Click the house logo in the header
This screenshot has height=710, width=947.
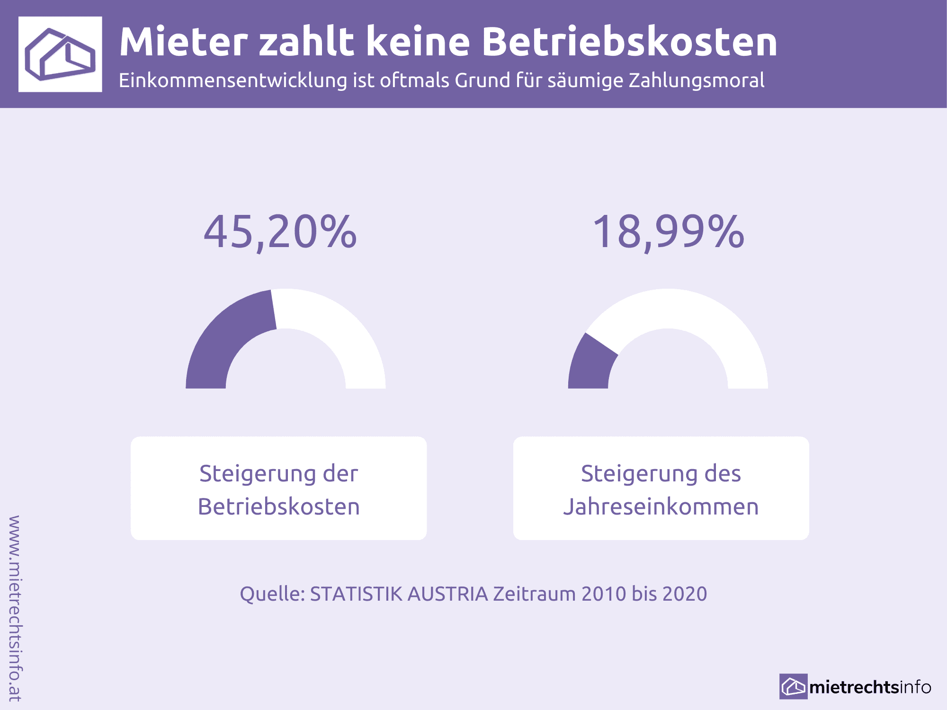pos(60,54)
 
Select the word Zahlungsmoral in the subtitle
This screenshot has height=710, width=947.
pos(697,80)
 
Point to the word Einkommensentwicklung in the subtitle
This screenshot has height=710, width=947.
pos(233,80)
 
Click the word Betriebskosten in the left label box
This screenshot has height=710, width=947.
pos(279,507)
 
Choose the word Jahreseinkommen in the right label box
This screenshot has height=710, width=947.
pos(661,507)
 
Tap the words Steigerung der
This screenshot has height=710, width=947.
pos(279,474)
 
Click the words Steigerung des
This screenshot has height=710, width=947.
pos(661,474)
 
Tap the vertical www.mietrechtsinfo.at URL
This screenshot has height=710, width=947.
pos(15,608)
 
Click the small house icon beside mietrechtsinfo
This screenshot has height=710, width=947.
pos(793,686)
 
